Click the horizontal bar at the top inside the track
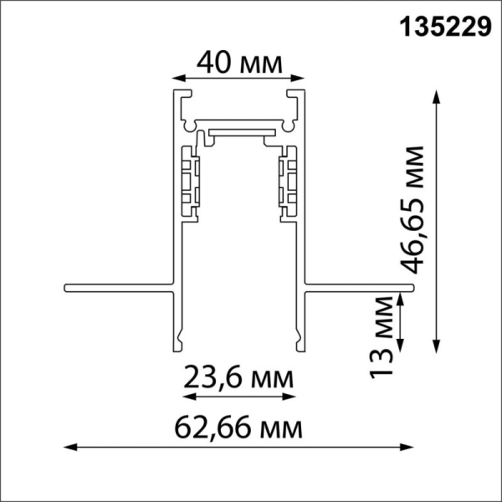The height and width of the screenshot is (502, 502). pyautogui.click(x=239, y=131)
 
